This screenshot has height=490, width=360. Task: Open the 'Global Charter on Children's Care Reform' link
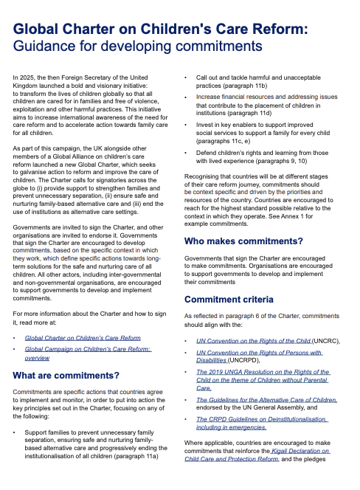click(83, 337)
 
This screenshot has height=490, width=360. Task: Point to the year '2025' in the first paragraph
click(30, 77)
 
